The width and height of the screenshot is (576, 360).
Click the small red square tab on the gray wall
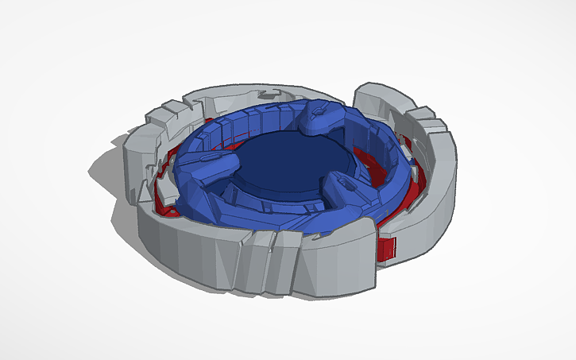point(387,248)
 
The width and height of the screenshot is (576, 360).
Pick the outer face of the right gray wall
point(433,207)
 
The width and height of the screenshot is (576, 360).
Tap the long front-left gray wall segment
point(183,246)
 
